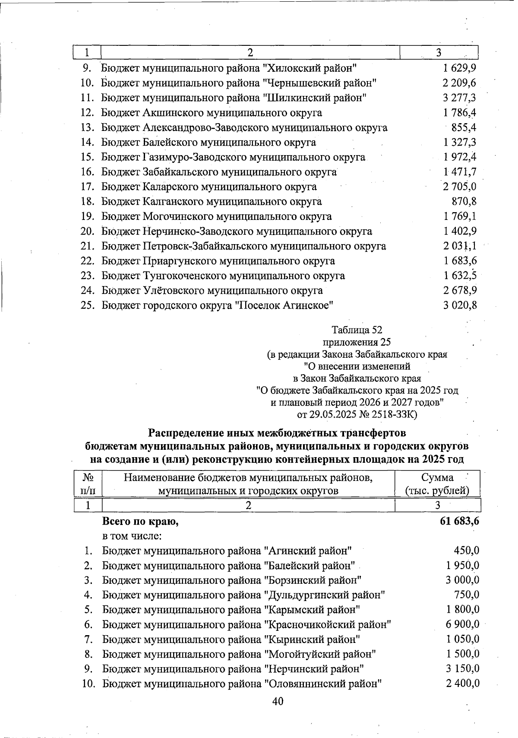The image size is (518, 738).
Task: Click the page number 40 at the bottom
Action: [278, 701]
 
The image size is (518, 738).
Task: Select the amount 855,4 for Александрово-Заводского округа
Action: [464, 127]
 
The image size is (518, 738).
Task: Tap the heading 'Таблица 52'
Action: [357, 330]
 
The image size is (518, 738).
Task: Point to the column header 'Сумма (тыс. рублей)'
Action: [437, 484]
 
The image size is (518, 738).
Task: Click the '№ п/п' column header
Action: [88, 484]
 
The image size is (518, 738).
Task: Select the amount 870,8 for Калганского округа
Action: [464, 201]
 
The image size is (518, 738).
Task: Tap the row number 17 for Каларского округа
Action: [88, 187]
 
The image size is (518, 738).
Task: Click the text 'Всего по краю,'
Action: [140, 522]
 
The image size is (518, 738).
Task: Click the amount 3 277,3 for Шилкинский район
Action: [459, 98]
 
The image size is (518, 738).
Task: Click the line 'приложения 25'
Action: [357, 342]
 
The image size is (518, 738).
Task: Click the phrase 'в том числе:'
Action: [132, 536]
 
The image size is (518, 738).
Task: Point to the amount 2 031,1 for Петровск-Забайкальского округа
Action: [459, 246]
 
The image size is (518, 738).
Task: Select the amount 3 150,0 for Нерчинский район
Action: [462, 669]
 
